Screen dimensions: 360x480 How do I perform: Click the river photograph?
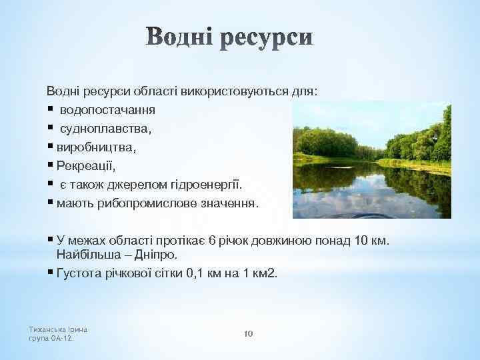(371, 159)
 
